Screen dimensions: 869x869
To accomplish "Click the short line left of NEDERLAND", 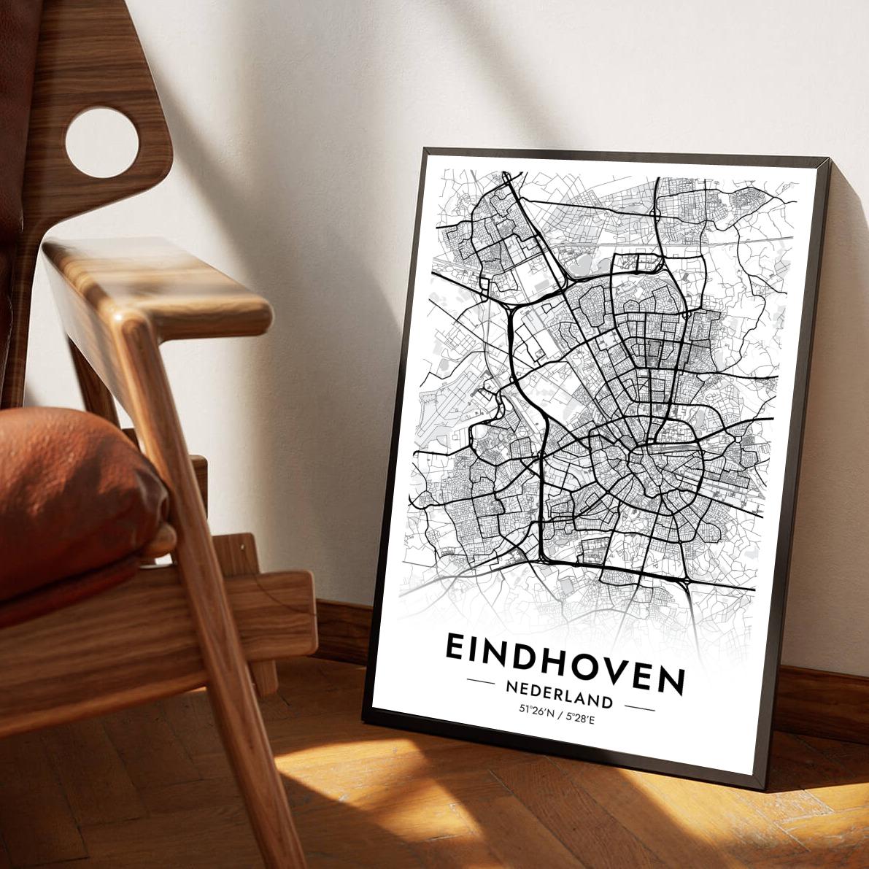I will click(481, 681).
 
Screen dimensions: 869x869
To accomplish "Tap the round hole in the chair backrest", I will click(101, 142).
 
